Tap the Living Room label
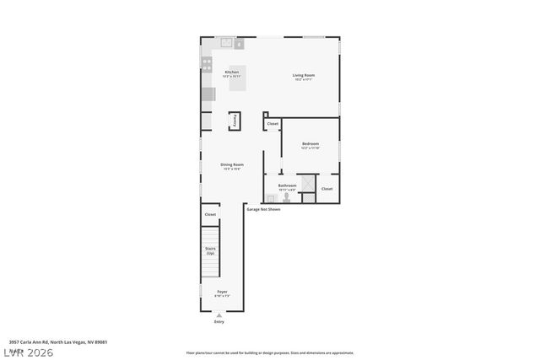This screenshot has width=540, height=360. (x=304, y=77)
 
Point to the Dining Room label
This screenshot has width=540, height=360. (x=232, y=166)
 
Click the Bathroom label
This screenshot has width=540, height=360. (x=287, y=186)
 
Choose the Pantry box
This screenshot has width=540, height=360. (x=234, y=121)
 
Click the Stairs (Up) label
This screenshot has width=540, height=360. (x=210, y=250)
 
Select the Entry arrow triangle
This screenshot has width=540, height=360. (x=219, y=315)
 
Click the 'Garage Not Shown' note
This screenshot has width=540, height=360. (x=263, y=209)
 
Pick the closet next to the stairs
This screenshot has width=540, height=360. (x=210, y=215)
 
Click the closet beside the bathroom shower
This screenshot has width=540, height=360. (x=327, y=189)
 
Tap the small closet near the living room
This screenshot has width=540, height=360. (x=273, y=124)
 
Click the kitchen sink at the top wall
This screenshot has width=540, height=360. (x=226, y=42)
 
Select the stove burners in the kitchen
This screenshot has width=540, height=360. (x=207, y=63)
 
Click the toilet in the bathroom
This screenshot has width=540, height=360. (x=285, y=197)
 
